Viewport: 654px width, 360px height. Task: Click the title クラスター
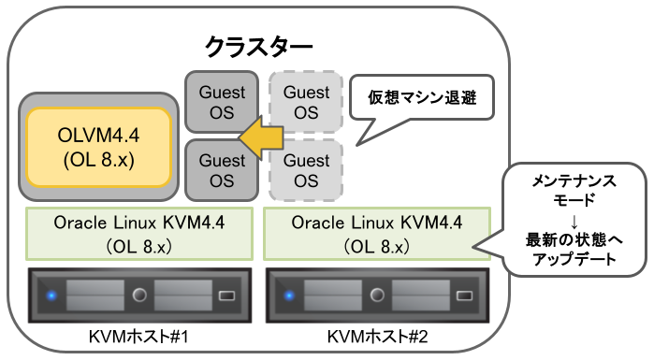click(x=259, y=45)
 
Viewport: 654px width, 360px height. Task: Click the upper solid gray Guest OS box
click(x=222, y=102)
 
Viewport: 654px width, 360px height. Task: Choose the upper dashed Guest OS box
click(x=306, y=102)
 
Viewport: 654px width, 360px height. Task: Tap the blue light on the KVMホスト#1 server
click(x=51, y=296)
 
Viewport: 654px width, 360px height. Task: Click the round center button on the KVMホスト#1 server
click(x=140, y=296)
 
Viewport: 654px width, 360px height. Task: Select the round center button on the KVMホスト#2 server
click(x=375, y=296)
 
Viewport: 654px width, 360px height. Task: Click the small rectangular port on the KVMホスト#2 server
click(x=463, y=296)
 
